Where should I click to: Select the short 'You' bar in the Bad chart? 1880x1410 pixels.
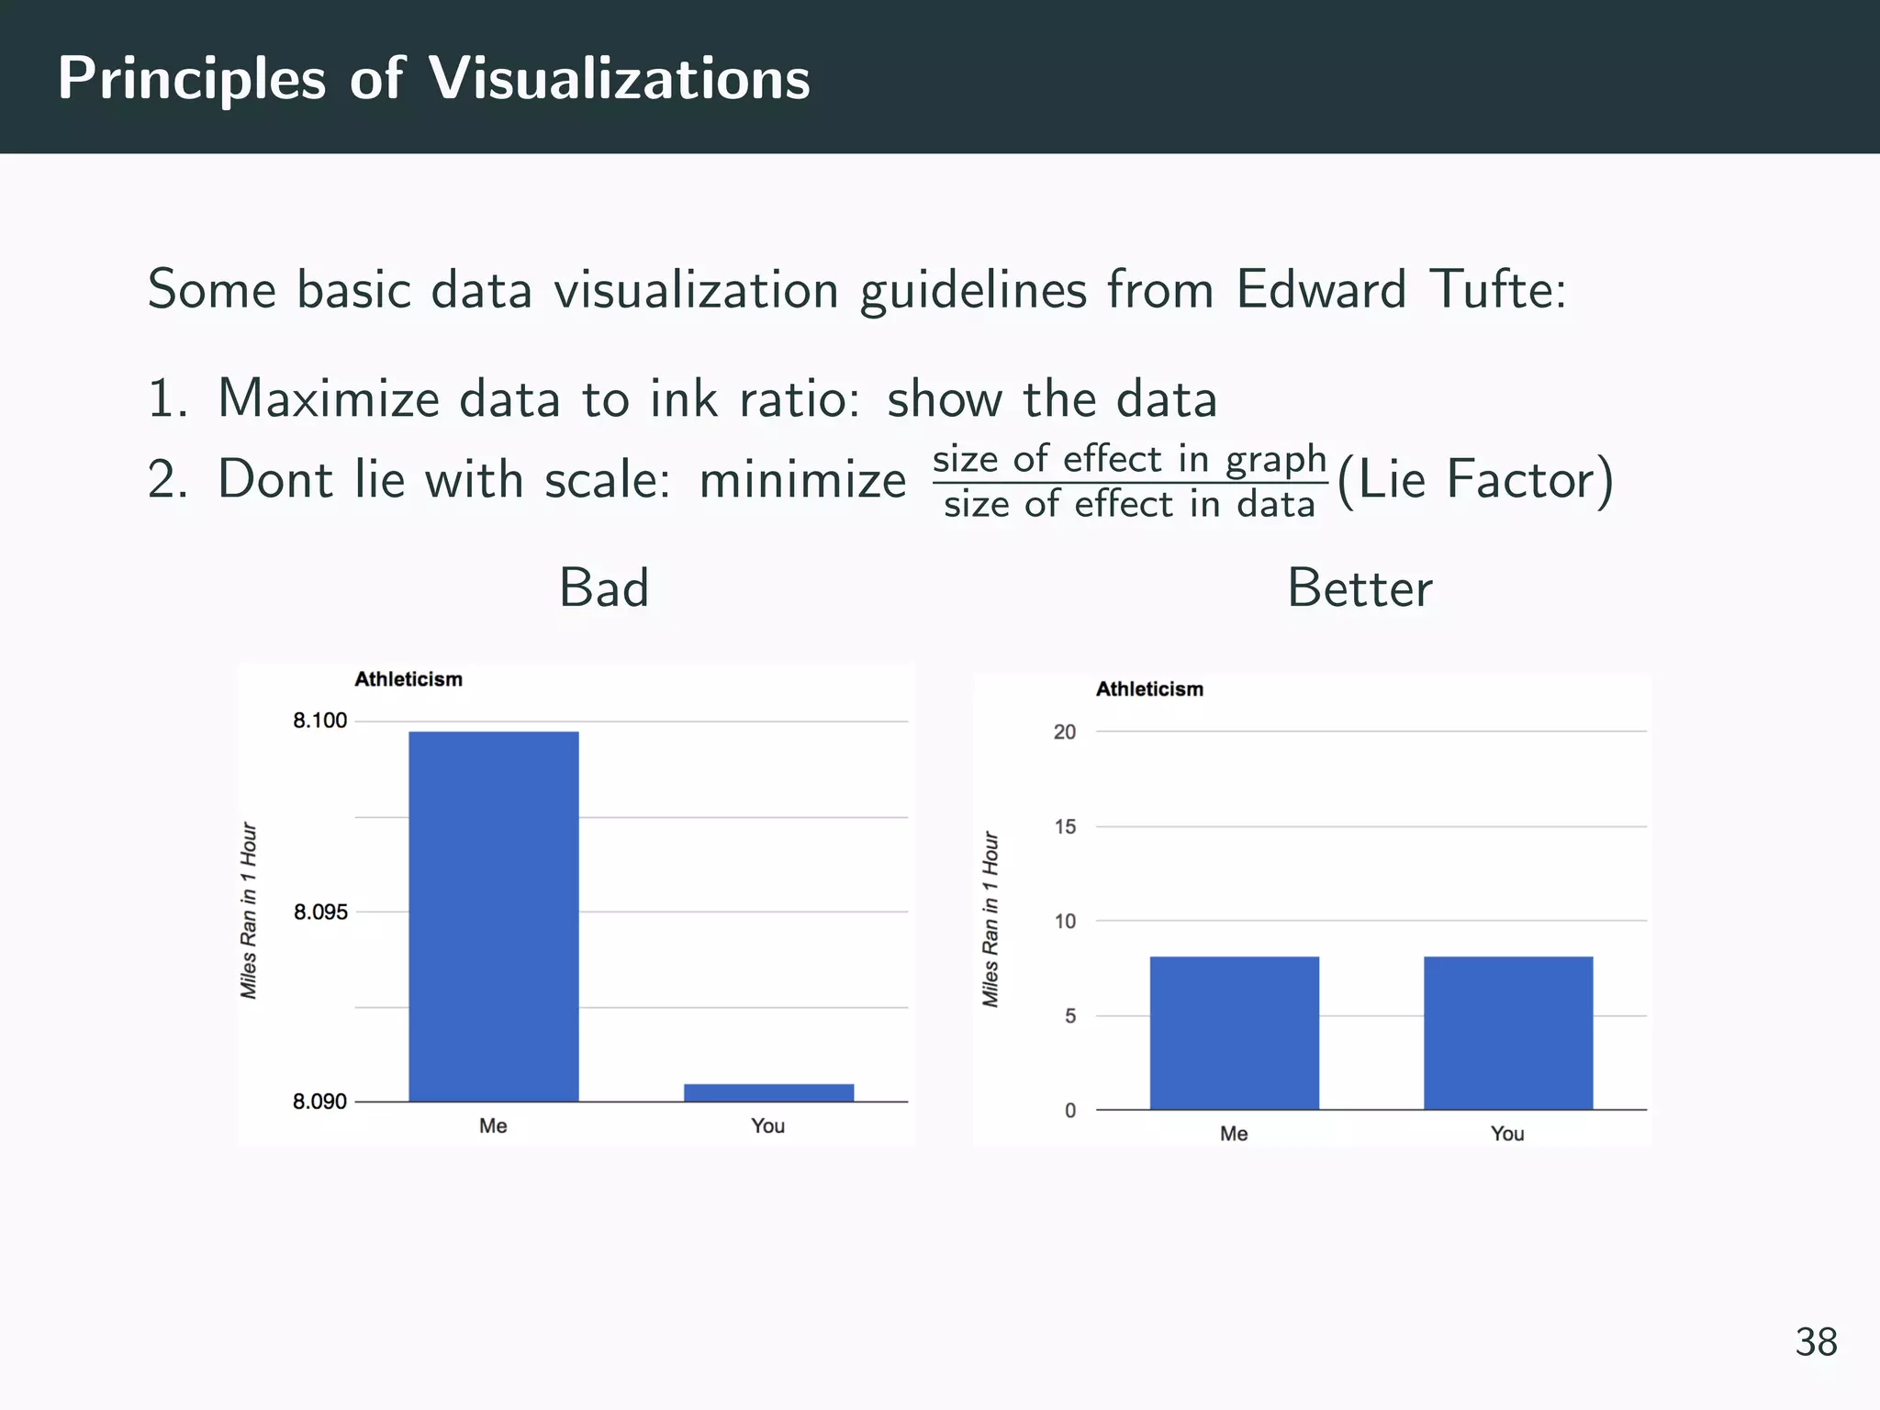pos(769,1092)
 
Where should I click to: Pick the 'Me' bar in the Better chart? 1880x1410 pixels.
pos(1234,1033)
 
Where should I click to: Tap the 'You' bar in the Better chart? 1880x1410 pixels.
pos(1508,1033)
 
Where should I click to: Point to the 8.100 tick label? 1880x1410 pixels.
pos(320,721)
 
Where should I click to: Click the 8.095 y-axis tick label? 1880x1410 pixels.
pos(320,912)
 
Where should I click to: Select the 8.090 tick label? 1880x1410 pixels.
pos(320,1102)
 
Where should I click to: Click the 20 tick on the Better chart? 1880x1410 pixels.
pos(1065,732)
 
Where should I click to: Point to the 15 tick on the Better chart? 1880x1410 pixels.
pos(1065,826)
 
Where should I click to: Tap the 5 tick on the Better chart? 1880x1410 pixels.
pos(1069,1015)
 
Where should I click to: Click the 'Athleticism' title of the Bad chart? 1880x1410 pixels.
pos(408,679)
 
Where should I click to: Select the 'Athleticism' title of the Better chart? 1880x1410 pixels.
pos(1149,689)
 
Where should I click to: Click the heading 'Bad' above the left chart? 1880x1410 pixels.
pos(604,587)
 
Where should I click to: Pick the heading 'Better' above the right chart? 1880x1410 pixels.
pos(1360,587)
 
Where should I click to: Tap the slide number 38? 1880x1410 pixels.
pos(1816,1342)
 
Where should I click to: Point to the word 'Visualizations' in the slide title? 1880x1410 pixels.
pos(620,79)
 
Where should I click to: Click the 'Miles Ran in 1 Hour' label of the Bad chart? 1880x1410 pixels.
pos(249,911)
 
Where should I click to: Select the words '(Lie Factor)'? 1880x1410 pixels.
pos(1475,480)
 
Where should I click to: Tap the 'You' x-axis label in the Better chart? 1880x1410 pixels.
pos(1507,1134)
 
